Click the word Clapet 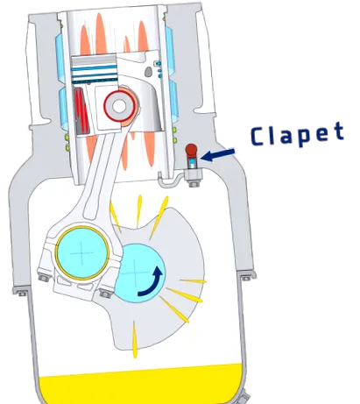297,134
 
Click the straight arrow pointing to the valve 217,155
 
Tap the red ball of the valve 191,150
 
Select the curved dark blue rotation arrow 152,281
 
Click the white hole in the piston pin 119,106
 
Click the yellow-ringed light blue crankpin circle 82,252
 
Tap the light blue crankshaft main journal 138,273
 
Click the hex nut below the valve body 194,184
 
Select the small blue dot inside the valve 192,161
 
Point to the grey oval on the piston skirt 149,72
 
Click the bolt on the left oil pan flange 21,293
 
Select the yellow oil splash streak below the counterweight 135,339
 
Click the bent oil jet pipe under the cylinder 169,179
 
